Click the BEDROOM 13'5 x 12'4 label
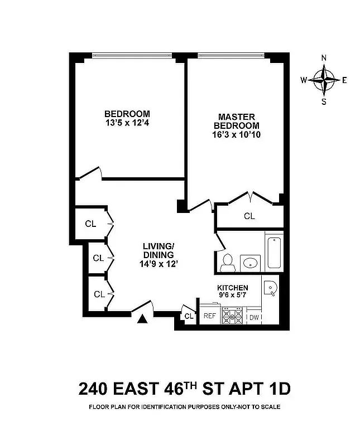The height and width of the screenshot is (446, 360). [x=127, y=118]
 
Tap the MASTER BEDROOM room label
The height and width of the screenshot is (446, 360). [x=236, y=125]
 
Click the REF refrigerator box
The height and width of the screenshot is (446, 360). [x=209, y=316]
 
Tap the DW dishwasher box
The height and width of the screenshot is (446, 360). [x=253, y=317]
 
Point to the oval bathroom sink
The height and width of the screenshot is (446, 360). [x=250, y=262]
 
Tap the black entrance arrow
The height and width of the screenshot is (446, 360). [x=143, y=318]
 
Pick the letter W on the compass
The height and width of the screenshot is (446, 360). [x=304, y=80]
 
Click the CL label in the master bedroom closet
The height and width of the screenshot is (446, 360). [x=249, y=216]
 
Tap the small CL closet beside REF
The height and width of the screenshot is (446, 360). [x=189, y=317]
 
